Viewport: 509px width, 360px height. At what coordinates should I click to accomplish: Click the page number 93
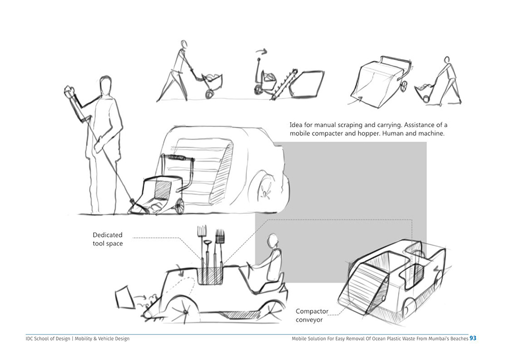[x=473, y=338]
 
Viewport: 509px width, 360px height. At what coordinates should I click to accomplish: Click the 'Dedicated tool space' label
[x=107, y=239]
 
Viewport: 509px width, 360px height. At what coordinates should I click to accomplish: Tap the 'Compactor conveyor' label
[x=313, y=315]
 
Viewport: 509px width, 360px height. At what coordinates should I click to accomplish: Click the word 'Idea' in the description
[x=296, y=124]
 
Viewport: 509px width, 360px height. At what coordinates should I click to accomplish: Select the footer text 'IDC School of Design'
[x=47, y=339]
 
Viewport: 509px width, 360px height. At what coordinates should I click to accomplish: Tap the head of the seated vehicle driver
[x=272, y=239]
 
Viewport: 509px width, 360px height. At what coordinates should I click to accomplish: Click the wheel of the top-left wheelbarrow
[x=209, y=93]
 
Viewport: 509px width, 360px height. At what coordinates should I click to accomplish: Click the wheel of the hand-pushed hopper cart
[x=179, y=206]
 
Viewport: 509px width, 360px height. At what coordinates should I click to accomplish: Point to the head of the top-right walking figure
[x=446, y=60]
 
